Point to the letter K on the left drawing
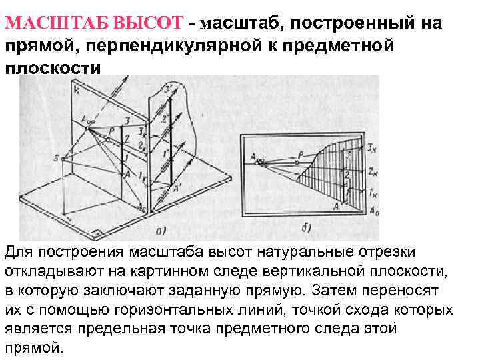coord(77,91)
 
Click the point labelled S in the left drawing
coord(56,158)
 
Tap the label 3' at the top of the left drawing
coord(169,89)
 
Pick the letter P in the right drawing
coord(301,154)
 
